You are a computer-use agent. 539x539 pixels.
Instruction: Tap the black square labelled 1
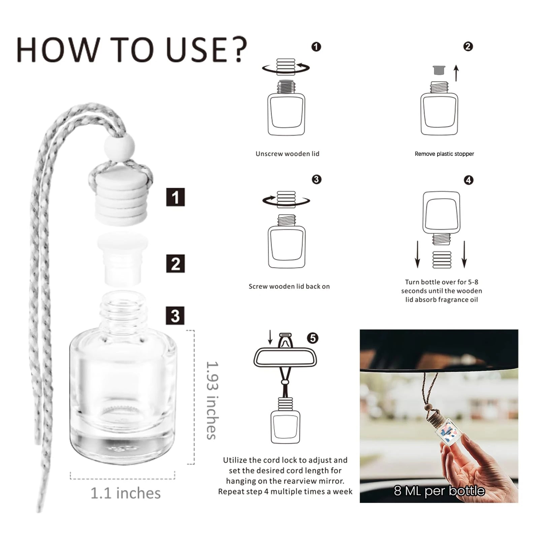(175, 197)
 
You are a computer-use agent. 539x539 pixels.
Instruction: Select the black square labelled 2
(175, 263)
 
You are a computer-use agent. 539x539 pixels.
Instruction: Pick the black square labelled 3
(175, 315)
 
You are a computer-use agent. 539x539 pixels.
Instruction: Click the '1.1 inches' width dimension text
(126, 493)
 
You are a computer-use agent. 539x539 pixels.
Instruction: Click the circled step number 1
(316, 46)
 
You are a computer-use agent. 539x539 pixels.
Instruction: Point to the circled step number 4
(468, 180)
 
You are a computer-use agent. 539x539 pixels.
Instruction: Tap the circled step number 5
(313, 338)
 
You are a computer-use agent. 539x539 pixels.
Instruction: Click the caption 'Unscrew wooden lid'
(287, 154)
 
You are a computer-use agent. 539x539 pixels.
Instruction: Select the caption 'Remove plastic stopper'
(444, 154)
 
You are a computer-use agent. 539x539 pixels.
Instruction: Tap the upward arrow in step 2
(456, 73)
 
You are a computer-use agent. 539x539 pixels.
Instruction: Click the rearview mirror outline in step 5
(285, 357)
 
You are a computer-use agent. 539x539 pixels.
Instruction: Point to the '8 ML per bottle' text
(439, 491)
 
